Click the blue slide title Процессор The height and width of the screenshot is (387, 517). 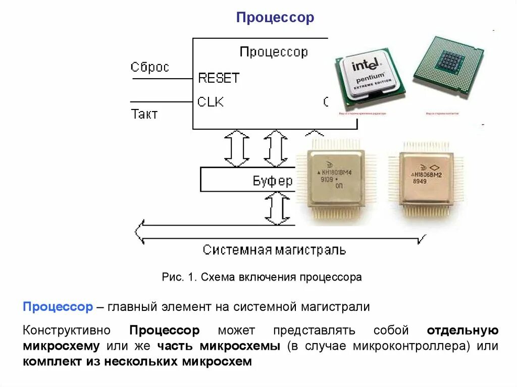pyautogui.click(x=275, y=18)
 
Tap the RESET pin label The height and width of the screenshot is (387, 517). pyautogui.click(x=218, y=78)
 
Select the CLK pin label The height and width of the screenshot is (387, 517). pyautogui.click(x=210, y=102)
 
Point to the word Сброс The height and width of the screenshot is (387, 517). pyautogui.click(x=149, y=67)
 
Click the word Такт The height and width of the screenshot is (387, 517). pyautogui.click(x=144, y=114)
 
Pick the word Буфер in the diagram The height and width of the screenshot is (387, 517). pyautogui.click(x=272, y=181)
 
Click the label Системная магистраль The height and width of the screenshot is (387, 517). pyautogui.click(x=274, y=250)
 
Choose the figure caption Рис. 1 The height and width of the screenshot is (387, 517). pyautogui.click(x=262, y=277)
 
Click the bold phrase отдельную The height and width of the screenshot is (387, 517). pyautogui.click(x=462, y=331)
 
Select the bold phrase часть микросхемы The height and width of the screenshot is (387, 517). pyautogui.click(x=218, y=346)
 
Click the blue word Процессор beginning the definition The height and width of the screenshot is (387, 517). pyautogui.click(x=58, y=307)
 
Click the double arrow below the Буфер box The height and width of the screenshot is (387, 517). pyautogui.click(x=277, y=208)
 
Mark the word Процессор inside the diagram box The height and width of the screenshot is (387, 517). pyautogui.click(x=274, y=52)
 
